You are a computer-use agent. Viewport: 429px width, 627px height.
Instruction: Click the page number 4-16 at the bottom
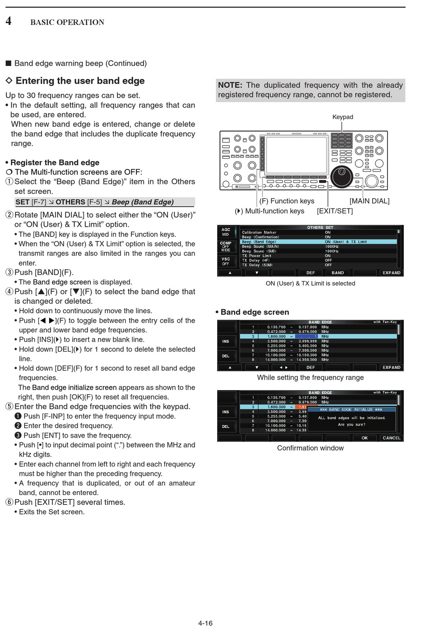205,623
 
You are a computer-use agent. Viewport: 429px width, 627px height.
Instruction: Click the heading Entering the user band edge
80,81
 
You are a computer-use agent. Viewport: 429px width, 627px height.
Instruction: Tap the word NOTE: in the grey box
230,85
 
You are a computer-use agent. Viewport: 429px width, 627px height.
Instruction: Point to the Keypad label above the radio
343,117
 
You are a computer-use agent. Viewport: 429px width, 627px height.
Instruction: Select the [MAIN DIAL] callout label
369,201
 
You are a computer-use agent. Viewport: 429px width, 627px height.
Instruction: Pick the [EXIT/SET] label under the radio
335,211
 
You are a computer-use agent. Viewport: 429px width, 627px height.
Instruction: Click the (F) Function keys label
287,201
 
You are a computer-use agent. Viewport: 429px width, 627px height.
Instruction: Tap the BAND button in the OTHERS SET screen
338,273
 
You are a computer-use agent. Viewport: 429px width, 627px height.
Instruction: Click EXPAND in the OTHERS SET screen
391,273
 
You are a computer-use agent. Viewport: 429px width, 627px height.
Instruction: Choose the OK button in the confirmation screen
364,438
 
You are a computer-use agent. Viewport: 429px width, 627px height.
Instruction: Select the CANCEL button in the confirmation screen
391,438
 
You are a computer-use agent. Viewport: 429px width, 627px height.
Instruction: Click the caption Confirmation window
310,448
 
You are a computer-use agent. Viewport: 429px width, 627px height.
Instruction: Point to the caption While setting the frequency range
310,377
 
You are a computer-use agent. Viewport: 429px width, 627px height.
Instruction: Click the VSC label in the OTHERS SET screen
226,259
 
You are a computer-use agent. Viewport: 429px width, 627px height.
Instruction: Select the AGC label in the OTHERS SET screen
226,230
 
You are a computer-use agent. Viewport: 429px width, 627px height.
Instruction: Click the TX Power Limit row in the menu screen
256,256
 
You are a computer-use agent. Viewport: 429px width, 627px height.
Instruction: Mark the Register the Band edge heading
55,163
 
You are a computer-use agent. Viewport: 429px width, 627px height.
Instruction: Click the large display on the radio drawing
297,155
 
